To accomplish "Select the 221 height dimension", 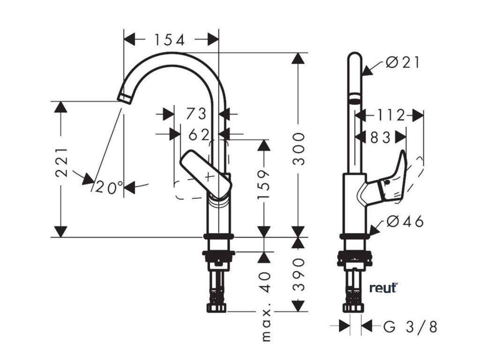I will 61,162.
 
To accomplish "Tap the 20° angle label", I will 108,187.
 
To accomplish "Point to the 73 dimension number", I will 196,114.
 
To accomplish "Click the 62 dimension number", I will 199,135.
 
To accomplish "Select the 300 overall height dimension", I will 299,149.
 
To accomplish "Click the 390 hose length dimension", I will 299,274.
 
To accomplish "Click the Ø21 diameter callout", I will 403,62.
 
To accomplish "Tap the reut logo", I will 383,288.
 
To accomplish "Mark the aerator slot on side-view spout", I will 355,99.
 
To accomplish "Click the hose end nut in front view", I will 217,308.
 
